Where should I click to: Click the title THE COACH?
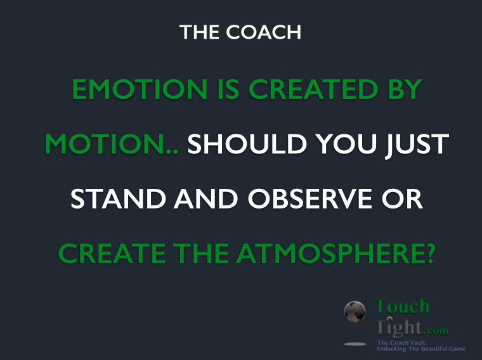point(240,32)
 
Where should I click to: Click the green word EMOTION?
point(130,89)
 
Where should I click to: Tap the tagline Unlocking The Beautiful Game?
point(421,349)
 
